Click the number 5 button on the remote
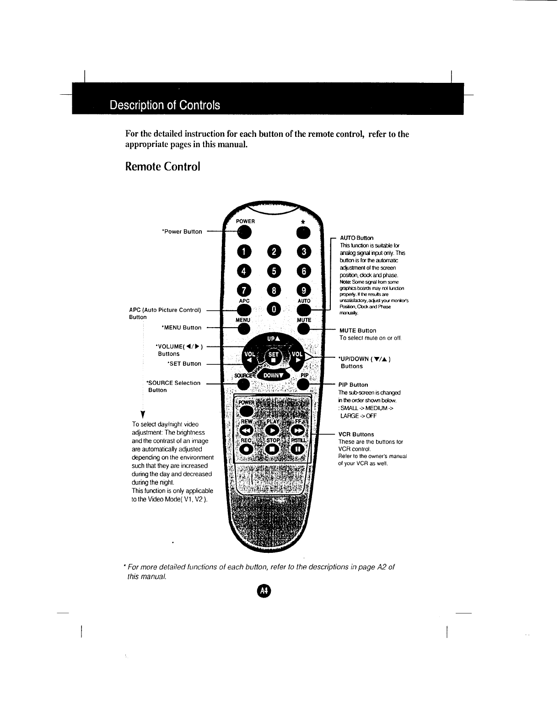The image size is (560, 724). pos(274,270)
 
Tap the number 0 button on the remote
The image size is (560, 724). pos(274,310)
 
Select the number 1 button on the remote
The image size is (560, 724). pos(245,251)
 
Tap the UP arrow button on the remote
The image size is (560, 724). pos(273,339)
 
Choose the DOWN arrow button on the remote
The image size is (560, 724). pos(274,375)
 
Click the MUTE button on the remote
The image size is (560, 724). pos(304,329)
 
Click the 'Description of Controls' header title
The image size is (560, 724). pos(165,105)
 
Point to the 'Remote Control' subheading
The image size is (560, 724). pos(163,166)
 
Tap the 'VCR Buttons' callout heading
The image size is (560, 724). pos(356,434)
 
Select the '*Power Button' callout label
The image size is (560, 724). pos(182,232)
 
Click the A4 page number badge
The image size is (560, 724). pos(264,591)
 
